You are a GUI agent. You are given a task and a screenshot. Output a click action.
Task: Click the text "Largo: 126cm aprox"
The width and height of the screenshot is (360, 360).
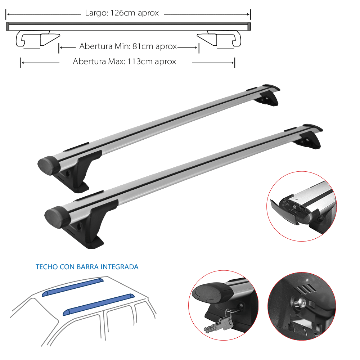[122, 14]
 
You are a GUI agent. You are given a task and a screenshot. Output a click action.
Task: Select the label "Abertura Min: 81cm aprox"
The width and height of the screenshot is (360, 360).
[128, 47]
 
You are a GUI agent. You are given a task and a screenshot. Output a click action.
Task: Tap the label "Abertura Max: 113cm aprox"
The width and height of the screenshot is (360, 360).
[125, 62]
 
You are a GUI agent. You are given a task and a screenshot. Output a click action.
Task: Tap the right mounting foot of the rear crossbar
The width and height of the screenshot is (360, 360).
[269, 99]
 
